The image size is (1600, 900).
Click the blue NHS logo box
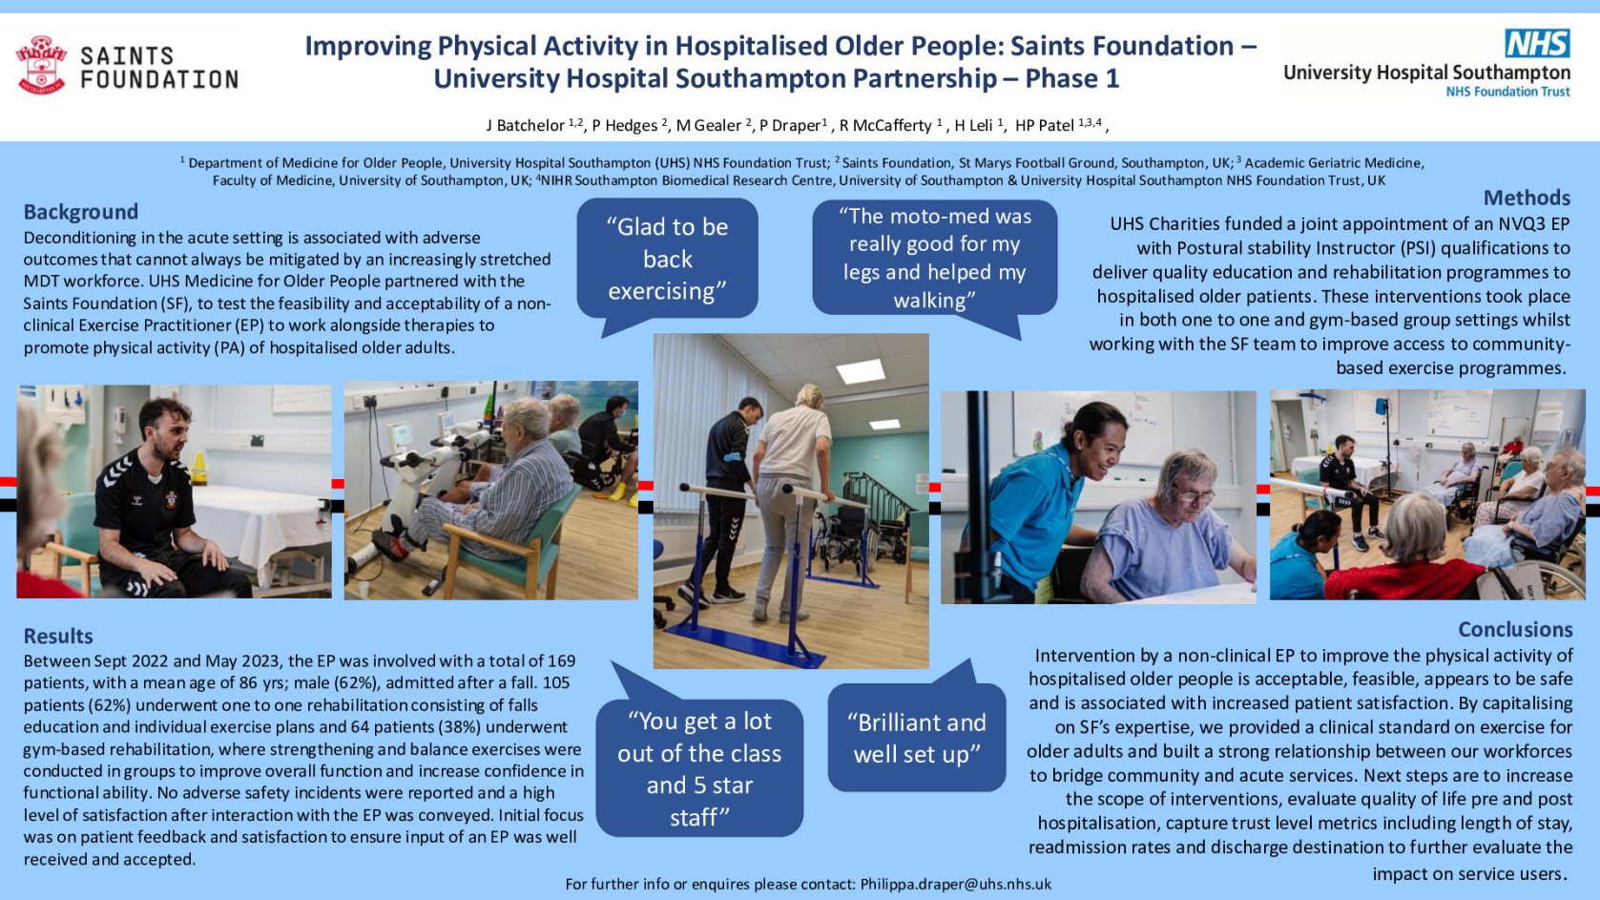coord(1537,43)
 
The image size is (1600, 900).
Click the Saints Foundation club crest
coord(41,65)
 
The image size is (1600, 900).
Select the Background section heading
coord(81,212)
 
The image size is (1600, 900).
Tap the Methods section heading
coord(1527,198)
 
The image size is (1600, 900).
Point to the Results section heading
coord(58,636)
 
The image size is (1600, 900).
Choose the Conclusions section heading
coord(1515,629)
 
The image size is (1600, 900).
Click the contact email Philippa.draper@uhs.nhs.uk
coord(956,885)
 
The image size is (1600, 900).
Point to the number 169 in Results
coord(561,660)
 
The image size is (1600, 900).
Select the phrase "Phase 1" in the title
coord(1072,78)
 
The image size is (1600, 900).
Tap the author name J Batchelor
coord(526,126)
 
